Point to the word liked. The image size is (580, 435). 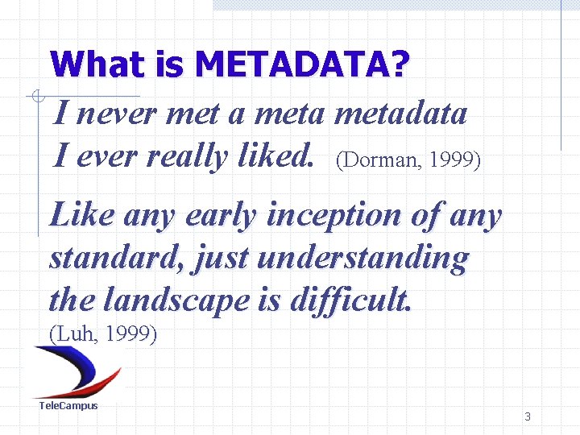tap(277, 156)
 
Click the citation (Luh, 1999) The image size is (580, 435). tap(103, 333)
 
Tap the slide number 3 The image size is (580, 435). tap(528, 416)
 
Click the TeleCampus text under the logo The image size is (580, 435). tap(68, 405)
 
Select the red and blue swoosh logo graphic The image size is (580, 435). tap(76, 371)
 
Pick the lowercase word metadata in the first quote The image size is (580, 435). tap(400, 114)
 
